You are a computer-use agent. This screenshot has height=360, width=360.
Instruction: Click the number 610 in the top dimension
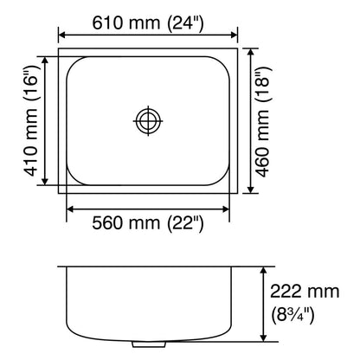(107, 22)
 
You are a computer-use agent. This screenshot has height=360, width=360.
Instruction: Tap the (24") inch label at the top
(185, 23)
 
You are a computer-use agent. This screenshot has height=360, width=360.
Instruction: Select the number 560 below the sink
(107, 222)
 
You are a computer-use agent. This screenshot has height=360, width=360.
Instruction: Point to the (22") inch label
(185, 223)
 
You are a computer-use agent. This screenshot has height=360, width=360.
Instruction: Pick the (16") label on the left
(31, 83)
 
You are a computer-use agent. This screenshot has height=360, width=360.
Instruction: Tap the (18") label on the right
(263, 84)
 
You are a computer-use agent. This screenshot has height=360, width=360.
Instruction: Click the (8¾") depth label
(292, 315)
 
